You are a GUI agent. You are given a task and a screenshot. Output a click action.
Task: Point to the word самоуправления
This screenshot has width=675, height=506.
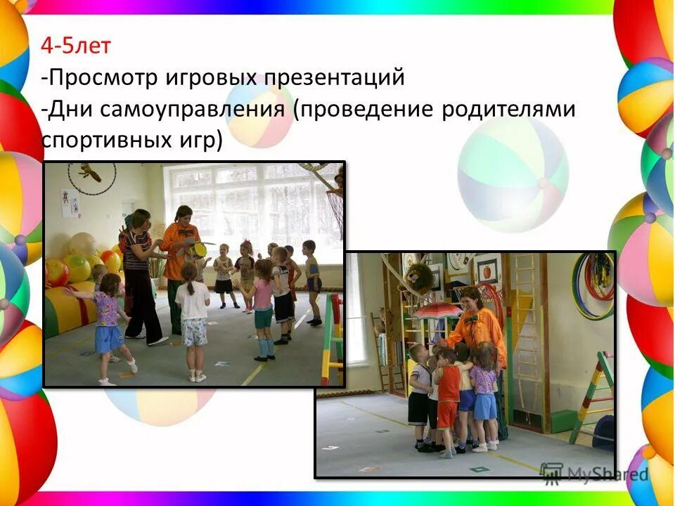(x=189, y=110)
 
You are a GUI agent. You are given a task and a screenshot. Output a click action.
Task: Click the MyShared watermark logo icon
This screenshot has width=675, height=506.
(x=552, y=472)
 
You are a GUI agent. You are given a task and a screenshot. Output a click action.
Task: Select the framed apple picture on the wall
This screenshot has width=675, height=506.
(x=487, y=268)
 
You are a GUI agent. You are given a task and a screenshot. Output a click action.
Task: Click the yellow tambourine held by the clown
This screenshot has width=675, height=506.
(x=200, y=248)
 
